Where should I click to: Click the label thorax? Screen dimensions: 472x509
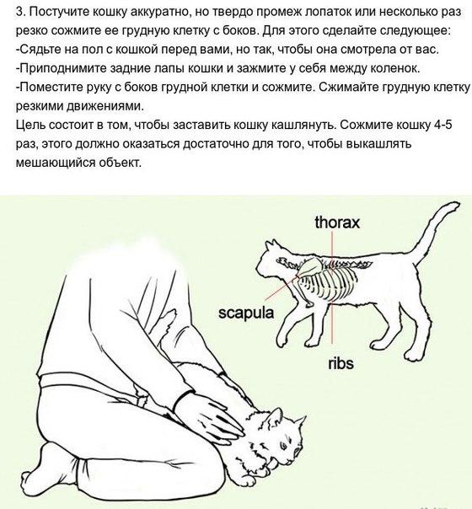pos(337,223)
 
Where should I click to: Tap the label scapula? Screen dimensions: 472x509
pos(246,313)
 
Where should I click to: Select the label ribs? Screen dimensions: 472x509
pos(341,363)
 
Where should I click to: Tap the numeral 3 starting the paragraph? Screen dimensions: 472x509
pos(19,12)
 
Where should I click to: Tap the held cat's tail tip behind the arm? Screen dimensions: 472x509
pos(172,314)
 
